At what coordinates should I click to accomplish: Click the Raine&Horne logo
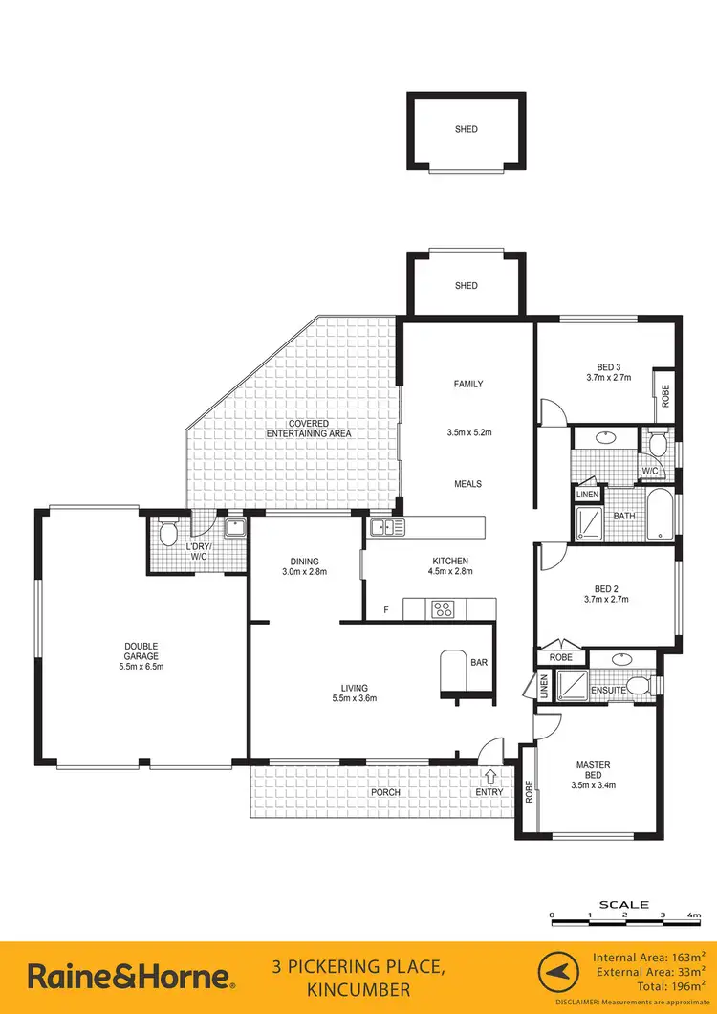click(x=130, y=976)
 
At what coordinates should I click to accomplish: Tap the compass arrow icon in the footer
click(x=558, y=976)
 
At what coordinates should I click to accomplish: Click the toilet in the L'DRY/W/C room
click(x=166, y=533)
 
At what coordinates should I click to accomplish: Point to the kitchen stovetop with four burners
click(x=445, y=607)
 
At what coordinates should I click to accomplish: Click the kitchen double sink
click(x=387, y=526)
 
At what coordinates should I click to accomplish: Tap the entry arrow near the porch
click(x=491, y=776)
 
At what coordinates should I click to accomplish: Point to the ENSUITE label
click(x=608, y=690)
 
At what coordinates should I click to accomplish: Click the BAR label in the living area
click(x=479, y=661)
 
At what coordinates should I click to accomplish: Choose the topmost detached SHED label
click(x=466, y=129)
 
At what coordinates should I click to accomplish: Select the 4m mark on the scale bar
click(x=692, y=916)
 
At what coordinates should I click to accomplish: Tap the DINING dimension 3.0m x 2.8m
click(x=305, y=572)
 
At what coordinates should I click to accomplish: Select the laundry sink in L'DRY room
click(x=233, y=527)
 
